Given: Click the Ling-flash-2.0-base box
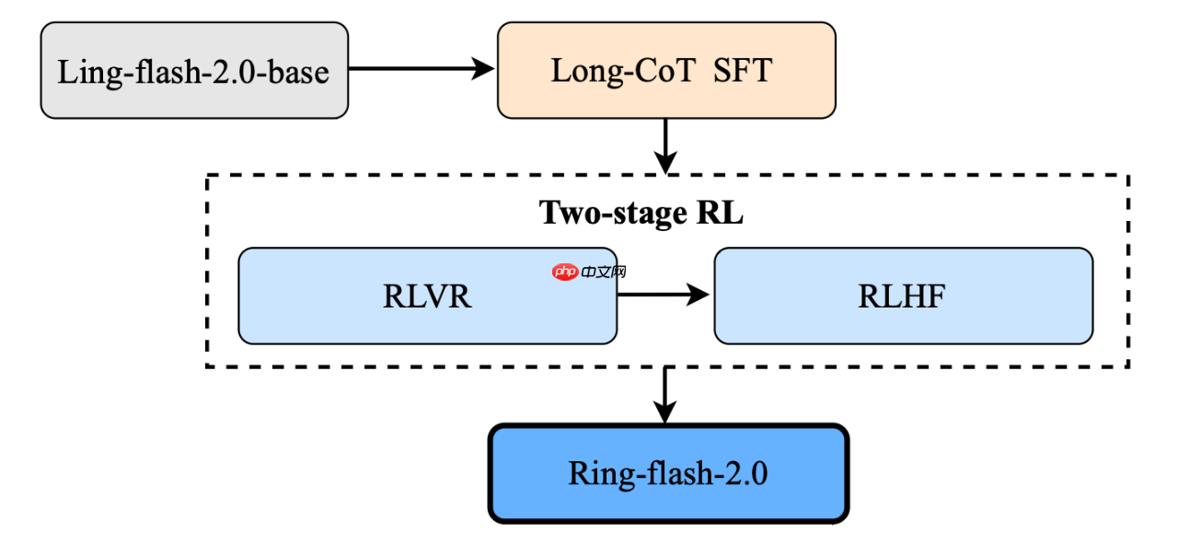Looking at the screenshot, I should (194, 71).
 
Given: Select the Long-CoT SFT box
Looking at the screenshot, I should (666, 71).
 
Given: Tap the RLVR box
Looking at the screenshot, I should (427, 296).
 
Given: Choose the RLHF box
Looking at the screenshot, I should (903, 296).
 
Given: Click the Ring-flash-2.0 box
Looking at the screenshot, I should (667, 473).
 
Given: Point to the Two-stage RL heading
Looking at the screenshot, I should (641, 213).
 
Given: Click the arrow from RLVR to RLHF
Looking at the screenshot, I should (664, 295).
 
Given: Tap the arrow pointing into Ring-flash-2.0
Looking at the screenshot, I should (664, 396).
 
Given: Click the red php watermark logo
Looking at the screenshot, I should (564, 272).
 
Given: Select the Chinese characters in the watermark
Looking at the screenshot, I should (604, 272).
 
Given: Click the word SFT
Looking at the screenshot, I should (742, 71).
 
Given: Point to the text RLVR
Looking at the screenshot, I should (427, 296).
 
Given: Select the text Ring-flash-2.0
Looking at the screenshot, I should (667, 474).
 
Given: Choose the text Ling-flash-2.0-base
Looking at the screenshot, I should (193, 72).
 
